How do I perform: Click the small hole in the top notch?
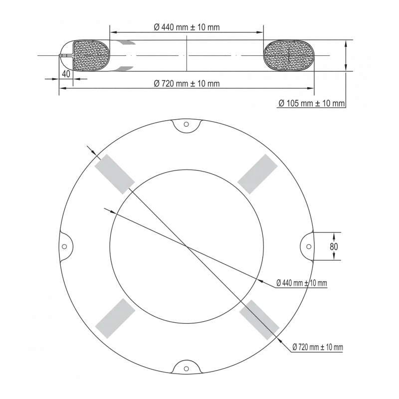[x=186, y=124]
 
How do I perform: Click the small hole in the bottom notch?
[x=186, y=369]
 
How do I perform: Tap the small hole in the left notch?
[x=64, y=246]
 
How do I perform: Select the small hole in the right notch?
[x=309, y=246]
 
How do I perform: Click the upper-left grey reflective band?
[x=115, y=174]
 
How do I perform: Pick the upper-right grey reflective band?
[x=257, y=174]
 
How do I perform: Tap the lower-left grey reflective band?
[x=115, y=318]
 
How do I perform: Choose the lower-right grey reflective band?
[x=259, y=320]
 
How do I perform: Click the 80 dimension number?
[x=334, y=246]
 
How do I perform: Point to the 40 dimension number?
[x=66, y=74]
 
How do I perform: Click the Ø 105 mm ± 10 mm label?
[x=312, y=103]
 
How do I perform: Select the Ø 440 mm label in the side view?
[x=187, y=27]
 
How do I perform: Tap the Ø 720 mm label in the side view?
[x=187, y=83]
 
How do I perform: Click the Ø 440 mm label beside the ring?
[x=302, y=283]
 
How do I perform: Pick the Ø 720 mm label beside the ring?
[x=318, y=347]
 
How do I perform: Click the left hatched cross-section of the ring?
[x=91, y=55]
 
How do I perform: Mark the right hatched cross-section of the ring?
[x=289, y=55]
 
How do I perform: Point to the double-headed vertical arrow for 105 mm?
[x=346, y=55]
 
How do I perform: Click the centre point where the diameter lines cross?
[x=187, y=246]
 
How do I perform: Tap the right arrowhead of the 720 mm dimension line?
[x=311, y=88]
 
